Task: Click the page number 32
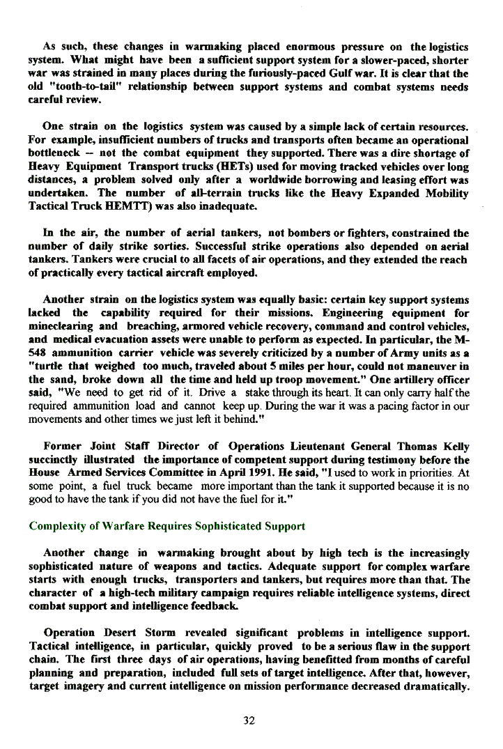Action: pyautogui.click(x=249, y=720)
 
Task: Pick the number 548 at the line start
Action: pyautogui.click(x=39, y=353)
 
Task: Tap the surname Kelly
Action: pyautogui.click(x=452, y=447)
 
